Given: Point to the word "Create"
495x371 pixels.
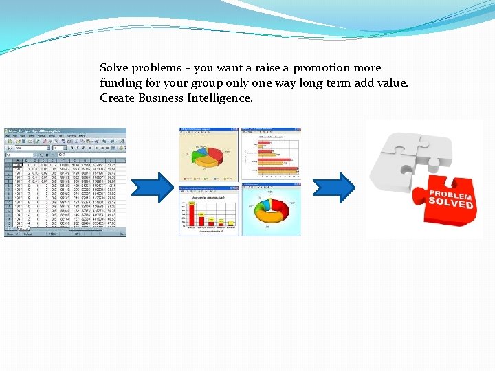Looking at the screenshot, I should (x=118, y=98).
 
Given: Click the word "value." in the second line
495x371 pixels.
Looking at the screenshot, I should (x=392, y=83).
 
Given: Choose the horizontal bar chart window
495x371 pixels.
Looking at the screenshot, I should (x=271, y=154).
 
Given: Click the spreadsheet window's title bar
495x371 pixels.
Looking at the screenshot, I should (x=65, y=131).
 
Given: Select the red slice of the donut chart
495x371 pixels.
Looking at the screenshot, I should (x=280, y=209).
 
